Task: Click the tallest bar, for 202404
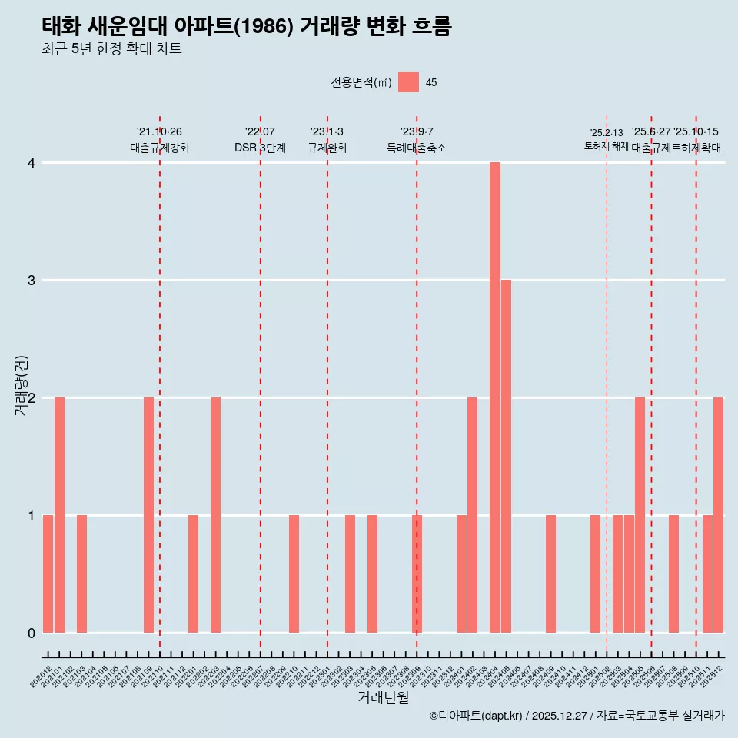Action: pos(495,397)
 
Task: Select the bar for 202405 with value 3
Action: pos(506,456)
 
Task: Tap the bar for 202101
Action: pos(59,515)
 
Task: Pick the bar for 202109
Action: pos(148,515)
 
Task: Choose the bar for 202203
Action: pos(216,515)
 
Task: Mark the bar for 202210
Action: pos(294,573)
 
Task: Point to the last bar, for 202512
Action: pos(718,515)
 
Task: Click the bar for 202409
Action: pos(550,573)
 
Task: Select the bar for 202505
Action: pos(640,515)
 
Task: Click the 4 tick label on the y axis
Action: pos(32,163)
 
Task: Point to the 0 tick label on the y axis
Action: pos(32,633)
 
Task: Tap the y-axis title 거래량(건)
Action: pos(22,386)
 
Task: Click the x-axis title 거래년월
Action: pos(383,697)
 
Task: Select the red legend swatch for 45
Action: pos(408,82)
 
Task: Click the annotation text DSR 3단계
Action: pos(260,148)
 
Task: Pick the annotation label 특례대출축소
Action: pos(416,148)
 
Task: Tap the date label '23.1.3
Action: pos(327,132)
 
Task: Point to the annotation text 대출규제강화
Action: pos(159,148)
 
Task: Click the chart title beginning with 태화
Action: pos(247,27)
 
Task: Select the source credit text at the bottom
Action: pos(577,716)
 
